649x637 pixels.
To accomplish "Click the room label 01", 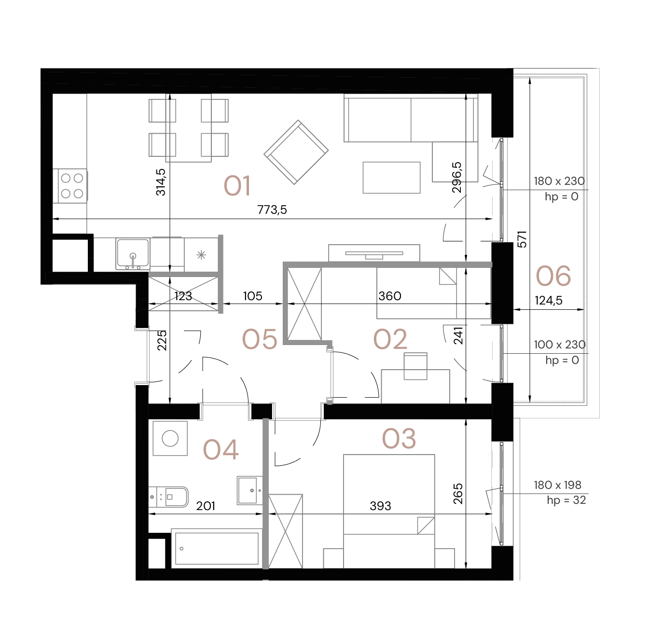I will click(x=237, y=186).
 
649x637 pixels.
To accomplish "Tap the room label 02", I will click(x=390, y=339).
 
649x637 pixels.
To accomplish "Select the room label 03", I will click(x=399, y=439).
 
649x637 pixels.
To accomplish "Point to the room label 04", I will click(x=221, y=450).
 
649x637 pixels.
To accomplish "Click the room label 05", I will click(x=260, y=339).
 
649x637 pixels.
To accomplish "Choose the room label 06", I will click(x=553, y=277).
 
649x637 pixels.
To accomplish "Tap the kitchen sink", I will click(x=132, y=253).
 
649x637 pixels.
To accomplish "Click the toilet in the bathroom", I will click(x=168, y=497).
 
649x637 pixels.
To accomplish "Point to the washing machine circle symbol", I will click(x=170, y=438).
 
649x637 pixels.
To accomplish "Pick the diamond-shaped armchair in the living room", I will click(x=296, y=152).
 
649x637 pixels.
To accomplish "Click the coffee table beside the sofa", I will click(x=391, y=178).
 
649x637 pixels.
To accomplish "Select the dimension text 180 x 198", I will click(x=557, y=485).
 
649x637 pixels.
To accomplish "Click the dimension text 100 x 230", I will click(x=560, y=345).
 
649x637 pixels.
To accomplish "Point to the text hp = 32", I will click(x=566, y=500).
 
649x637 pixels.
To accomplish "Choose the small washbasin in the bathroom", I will click(x=249, y=490).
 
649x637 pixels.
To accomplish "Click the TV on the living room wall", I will click(x=374, y=253).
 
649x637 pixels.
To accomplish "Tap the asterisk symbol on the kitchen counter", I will click(x=201, y=254).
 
